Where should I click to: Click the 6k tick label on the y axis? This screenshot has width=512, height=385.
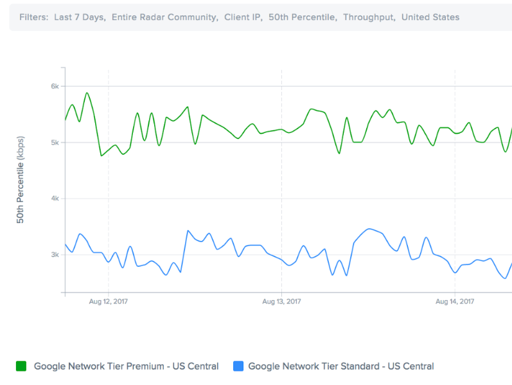[55, 86]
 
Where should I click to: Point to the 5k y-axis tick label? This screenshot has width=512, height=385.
[55, 143]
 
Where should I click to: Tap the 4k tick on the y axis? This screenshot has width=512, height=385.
[55, 199]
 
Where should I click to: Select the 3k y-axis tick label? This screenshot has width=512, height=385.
[55, 255]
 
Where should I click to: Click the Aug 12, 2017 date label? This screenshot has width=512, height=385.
[108, 301]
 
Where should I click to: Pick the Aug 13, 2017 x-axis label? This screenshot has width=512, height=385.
[281, 301]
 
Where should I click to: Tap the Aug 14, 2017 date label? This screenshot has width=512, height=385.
[455, 301]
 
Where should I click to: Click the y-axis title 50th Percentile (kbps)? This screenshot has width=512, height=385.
[21, 180]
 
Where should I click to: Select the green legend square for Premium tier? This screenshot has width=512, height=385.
[21, 366]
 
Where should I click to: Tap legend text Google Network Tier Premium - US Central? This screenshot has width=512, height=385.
[126, 366]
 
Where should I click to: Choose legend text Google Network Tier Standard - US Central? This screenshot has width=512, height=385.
[340, 366]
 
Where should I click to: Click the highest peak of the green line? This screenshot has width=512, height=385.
[87, 93]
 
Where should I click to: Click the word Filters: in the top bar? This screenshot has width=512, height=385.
[33, 17]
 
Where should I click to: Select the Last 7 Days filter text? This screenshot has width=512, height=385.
[80, 17]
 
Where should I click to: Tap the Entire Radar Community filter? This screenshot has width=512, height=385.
[164, 17]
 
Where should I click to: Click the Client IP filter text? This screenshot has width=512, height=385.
[243, 17]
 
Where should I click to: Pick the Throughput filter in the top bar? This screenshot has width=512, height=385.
[369, 17]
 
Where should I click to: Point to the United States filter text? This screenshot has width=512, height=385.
[430, 17]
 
